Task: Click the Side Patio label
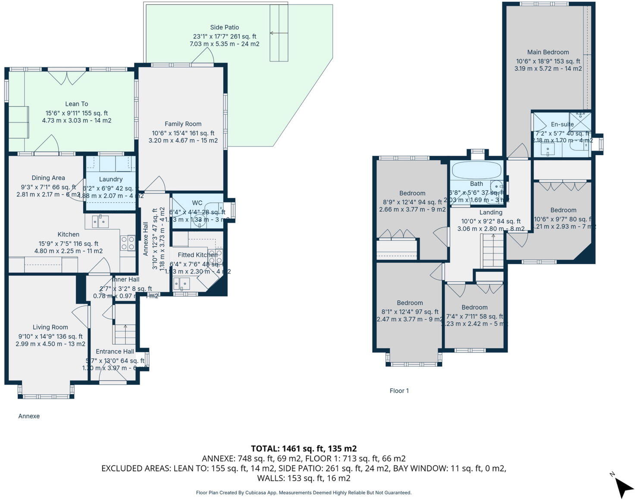(x=225, y=28)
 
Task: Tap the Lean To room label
(x=77, y=104)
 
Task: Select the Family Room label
(x=183, y=124)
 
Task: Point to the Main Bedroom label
(x=548, y=52)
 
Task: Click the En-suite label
(x=562, y=125)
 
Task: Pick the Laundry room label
(x=111, y=179)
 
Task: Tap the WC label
(x=197, y=203)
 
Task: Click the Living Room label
(x=50, y=328)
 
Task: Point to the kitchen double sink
(x=100, y=222)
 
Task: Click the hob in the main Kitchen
(x=128, y=243)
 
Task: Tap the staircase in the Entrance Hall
(x=125, y=334)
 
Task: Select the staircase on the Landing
(x=492, y=251)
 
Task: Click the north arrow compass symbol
(x=623, y=487)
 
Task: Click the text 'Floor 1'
(x=399, y=391)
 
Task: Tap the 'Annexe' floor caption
(x=29, y=416)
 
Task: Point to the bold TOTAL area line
(x=303, y=449)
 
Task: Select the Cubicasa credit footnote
(x=303, y=493)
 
